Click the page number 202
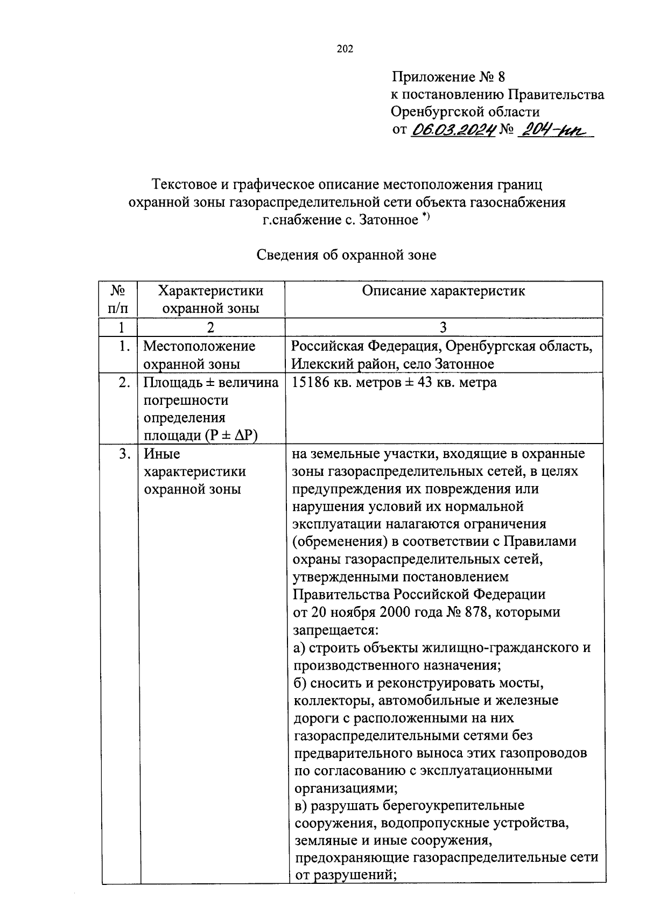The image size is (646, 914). tap(345, 50)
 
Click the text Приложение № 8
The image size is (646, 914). tap(448, 77)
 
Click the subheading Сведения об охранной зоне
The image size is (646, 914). tap(346, 255)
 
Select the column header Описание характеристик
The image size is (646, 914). tap(443, 291)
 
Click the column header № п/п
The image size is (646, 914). tap(118, 299)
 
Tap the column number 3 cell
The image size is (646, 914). tap(443, 327)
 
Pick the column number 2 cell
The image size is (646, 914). tap(210, 327)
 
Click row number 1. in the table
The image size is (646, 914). tap(124, 346)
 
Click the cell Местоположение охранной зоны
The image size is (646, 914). tap(199, 355)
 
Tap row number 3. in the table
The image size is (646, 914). tap(124, 454)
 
